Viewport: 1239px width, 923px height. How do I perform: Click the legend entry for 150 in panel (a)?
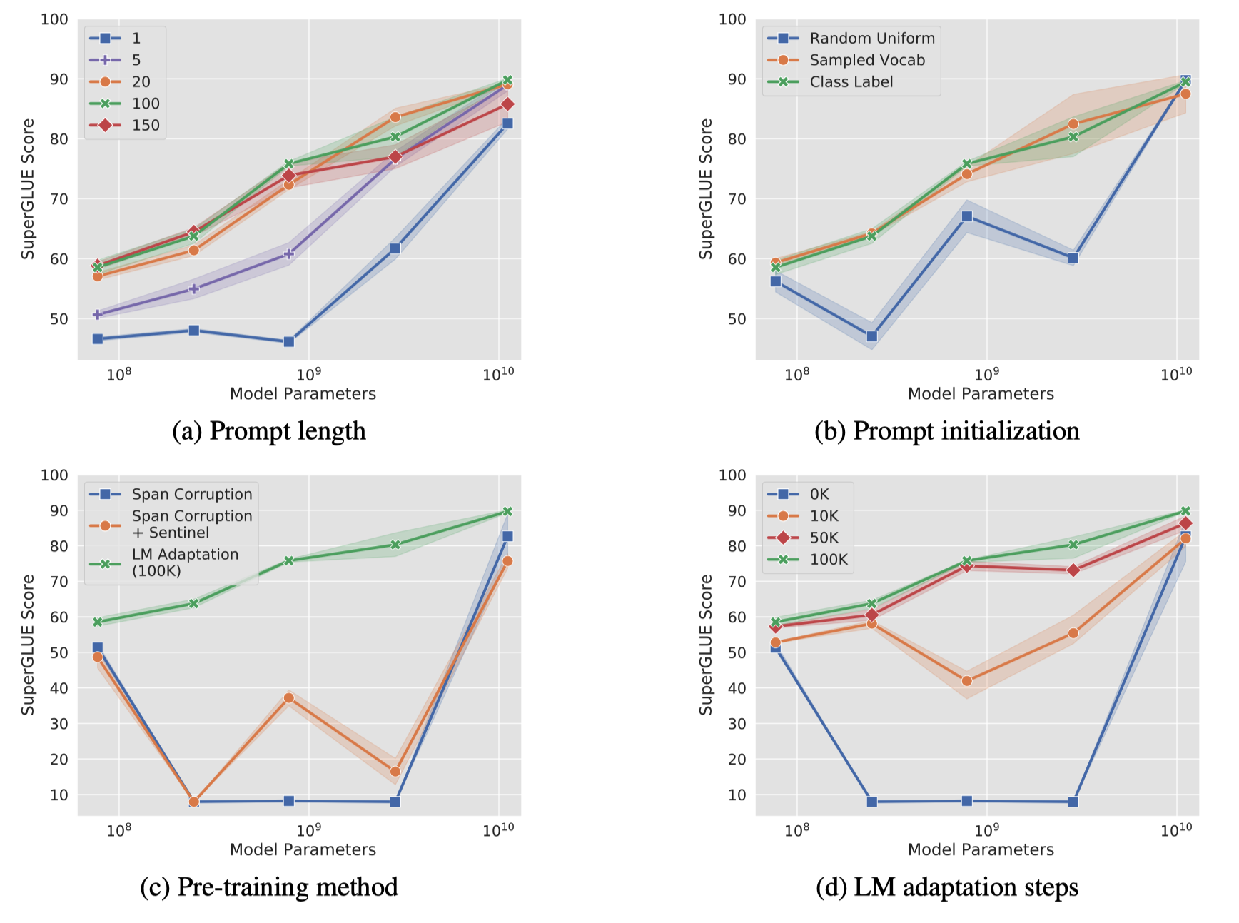point(145,125)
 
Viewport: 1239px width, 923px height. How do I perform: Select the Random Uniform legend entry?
point(871,39)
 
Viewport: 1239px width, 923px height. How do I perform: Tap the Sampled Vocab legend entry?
point(866,60)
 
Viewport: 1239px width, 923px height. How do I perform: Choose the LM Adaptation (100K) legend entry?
point(185,563)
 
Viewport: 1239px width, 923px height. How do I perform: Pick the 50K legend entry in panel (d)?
point(824,538)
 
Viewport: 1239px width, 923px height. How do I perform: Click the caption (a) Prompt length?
point(269,431)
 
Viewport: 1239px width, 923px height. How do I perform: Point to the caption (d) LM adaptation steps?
point(946,887)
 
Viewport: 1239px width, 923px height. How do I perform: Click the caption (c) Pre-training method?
point(269,887)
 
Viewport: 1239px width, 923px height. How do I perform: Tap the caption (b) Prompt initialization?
point(946,431)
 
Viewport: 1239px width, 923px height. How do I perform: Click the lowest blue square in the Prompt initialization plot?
point(871,336)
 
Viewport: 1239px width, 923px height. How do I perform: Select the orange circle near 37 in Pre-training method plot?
point(288,698)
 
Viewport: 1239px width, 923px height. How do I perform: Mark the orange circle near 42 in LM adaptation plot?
point(966,681)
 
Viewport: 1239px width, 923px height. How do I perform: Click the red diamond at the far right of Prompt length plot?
point(507,104)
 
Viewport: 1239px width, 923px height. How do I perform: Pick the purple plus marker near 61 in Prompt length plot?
point(288,253)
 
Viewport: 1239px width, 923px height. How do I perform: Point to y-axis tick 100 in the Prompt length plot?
point(54,19)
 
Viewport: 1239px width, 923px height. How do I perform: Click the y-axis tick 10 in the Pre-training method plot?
point(59,795)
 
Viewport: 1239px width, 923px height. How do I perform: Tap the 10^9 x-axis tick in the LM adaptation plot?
point(986,829)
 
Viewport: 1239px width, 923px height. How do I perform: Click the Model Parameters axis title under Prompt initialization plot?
point(980,393)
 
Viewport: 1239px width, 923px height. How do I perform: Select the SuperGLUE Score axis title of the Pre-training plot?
point(28,645)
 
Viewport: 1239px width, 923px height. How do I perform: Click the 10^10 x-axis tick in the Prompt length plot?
point(497,373)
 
